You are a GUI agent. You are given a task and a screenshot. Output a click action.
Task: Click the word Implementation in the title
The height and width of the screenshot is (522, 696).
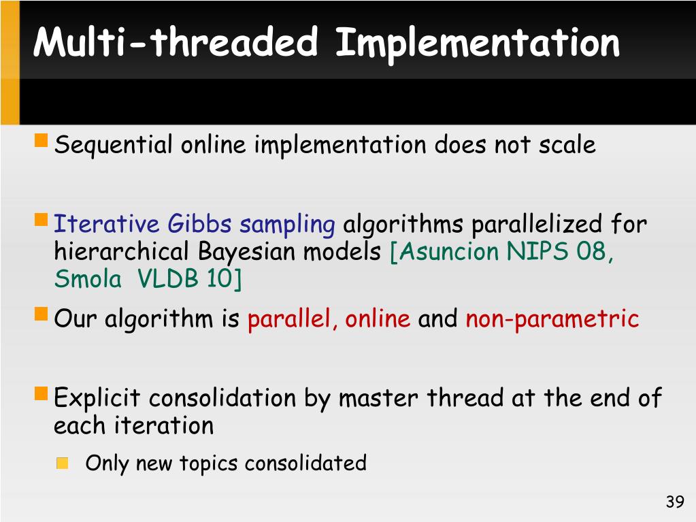(x=478, y=44)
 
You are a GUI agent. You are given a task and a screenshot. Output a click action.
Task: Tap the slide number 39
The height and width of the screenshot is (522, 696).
(x=675, y=502)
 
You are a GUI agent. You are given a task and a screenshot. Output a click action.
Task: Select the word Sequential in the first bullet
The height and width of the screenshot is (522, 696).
(x=113, y=145)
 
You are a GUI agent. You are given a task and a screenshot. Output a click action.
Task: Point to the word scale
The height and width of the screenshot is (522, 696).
(x=567, y=145)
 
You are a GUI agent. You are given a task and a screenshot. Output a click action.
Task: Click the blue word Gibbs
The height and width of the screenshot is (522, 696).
(x=200, y=223)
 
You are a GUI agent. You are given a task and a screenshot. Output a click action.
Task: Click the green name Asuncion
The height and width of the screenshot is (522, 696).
(x=448, y=251)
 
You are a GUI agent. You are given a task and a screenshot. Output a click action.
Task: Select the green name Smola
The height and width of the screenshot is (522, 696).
(x=88, y=279)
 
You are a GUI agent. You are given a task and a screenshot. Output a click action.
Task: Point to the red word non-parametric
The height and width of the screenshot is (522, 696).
(x=552, y=319)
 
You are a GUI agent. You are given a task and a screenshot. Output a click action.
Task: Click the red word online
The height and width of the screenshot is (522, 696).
(x=378, y=319)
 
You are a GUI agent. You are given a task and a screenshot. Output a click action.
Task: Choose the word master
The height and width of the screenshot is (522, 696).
(x=378, y=398)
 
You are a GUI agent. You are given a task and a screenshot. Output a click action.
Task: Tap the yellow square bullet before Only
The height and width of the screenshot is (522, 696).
(x=62, y=463)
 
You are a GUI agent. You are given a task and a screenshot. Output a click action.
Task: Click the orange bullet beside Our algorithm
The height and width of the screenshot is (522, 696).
(x=41, y=314)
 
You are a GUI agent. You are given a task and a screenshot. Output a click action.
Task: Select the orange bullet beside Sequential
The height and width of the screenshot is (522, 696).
(x=41, y=140)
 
